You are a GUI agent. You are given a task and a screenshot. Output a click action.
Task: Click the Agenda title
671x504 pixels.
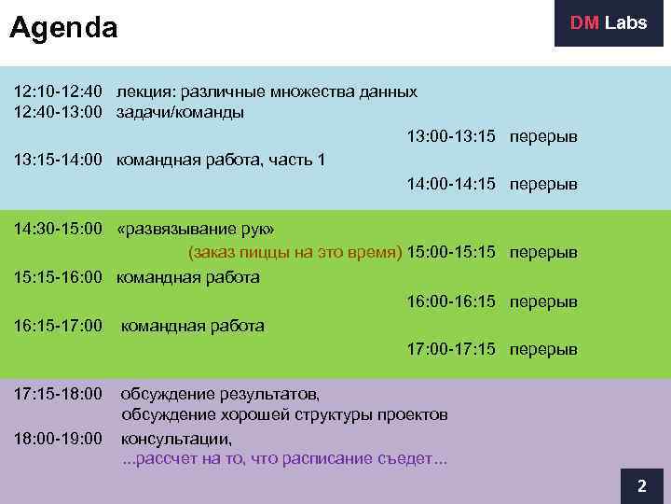[63, 29]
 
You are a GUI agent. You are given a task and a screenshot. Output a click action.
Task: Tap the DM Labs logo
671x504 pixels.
[609, 23]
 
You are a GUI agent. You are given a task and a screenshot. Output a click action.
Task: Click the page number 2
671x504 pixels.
[641, 486]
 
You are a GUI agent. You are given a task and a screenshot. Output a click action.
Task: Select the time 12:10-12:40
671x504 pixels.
[57, 92]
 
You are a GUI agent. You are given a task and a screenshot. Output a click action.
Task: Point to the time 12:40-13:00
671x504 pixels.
[57, 113]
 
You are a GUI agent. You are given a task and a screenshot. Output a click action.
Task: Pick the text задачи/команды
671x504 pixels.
[180, 113]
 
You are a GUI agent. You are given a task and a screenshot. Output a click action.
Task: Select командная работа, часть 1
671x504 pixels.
[220, 161]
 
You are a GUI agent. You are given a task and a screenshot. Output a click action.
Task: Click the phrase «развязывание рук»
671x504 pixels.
[196, 229]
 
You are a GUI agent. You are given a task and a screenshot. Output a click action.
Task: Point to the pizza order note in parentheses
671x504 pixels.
[295, 253]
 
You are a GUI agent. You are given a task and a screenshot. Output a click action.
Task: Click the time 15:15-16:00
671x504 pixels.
[57, 277]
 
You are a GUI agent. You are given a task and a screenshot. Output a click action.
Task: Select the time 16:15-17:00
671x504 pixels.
[57, 326]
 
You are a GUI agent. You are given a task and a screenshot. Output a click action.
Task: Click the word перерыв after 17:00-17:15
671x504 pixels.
[542, 350]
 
